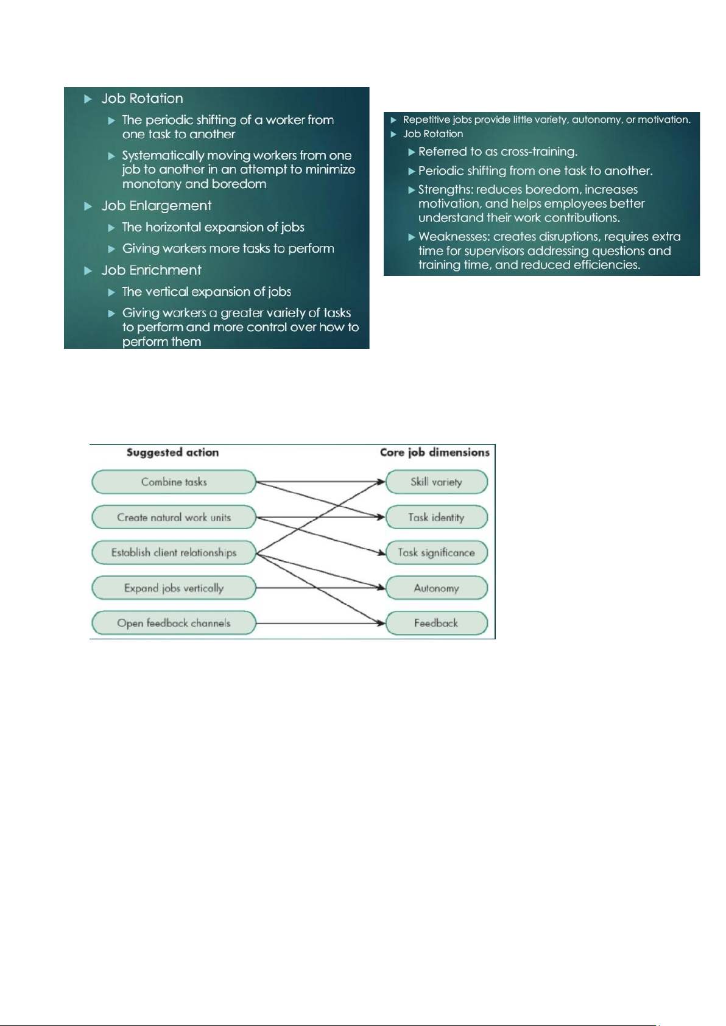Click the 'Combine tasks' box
click(x=174, y=482)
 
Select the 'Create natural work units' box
click(x=174, y=517)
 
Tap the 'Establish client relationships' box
click(x=174, y=552)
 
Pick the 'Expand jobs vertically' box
click(x=174, y=588)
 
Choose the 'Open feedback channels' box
click(x=174, y=623)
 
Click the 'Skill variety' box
click(x=436, y=482)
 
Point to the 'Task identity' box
click(x=436, y=517)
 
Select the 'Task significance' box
click(x=436, y=552)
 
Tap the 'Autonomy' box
click(x=436, y=588)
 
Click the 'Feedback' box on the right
click(x=436, y=623)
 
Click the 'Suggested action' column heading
click(x=172, y=452)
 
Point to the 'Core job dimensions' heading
click(x=434, y=452)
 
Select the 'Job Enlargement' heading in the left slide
click(x=157, y=206)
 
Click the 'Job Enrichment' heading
click(x=151, y=270)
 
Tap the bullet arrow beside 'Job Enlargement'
click(x=88, y=206)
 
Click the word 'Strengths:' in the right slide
click(x=446, y=190)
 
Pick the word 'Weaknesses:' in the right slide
click(x=454, y=237)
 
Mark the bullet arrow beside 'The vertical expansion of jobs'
click(x=111, y=292)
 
